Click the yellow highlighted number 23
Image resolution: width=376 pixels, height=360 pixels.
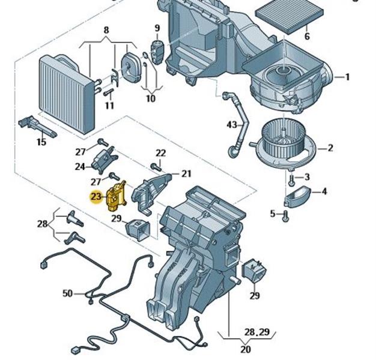point(96,197)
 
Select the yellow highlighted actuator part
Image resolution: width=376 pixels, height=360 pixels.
point(115,196)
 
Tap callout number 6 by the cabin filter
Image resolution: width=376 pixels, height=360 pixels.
point(307,37)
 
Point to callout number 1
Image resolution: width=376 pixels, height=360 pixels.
point(347,77)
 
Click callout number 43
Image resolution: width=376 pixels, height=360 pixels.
point(232,125)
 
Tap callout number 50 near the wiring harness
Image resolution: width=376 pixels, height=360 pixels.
point(67,293)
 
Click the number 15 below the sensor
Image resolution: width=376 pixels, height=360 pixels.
point(41,142)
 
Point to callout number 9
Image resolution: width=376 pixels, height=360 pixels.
point(157,28)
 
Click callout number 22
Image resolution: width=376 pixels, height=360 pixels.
point(160,153)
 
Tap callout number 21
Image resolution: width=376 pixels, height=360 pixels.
point(186,174)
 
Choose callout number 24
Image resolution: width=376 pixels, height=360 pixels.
point(80,166)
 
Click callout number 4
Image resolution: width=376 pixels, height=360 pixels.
point(324,191)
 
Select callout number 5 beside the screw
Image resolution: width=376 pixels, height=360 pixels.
point(271,214)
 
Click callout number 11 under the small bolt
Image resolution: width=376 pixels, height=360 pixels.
point(109,106)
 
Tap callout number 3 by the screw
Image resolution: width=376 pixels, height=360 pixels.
point(306,177)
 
